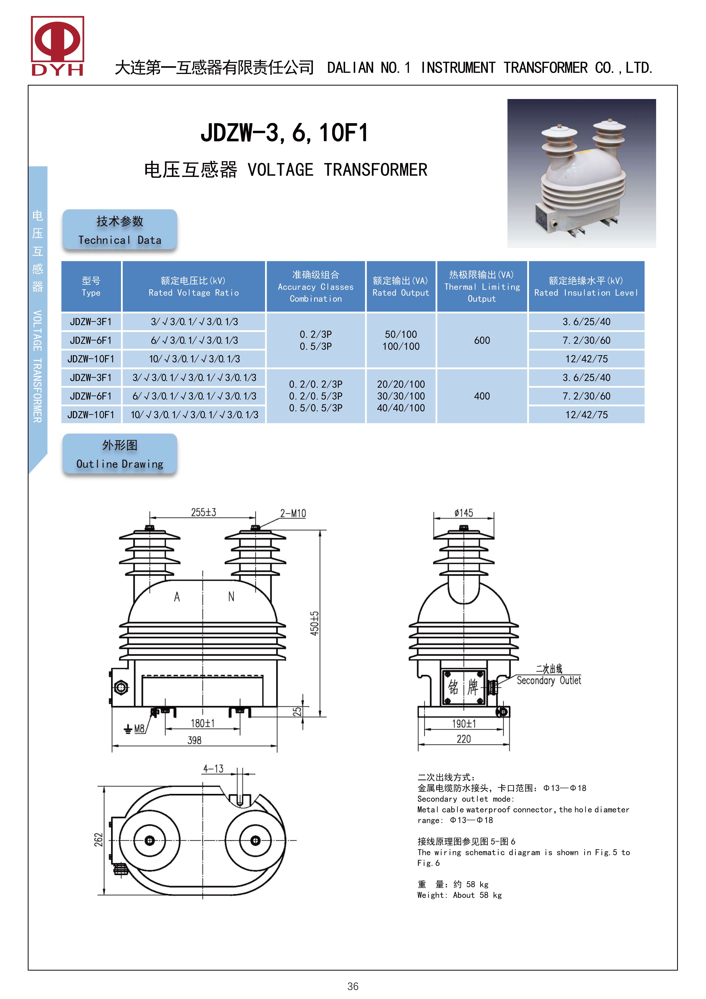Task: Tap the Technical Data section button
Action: tap(120, 230)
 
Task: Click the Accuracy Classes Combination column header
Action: tap(316, 286)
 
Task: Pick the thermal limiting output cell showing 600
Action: tap(482, 340)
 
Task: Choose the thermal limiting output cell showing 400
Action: tap(482, 396)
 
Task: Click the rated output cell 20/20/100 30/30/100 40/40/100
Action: tap(401, 396)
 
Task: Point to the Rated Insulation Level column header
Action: tap(586, 286)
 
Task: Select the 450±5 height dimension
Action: tap(314, 623)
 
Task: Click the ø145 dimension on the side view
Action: tap(464, 513)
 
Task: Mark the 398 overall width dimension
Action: tap(194, 740)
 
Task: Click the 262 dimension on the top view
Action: tap(99, 840)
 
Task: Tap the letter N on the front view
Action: tap(231, 597)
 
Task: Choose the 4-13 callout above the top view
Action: tap(213, 769)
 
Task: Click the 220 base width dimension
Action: tap(464, 739)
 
